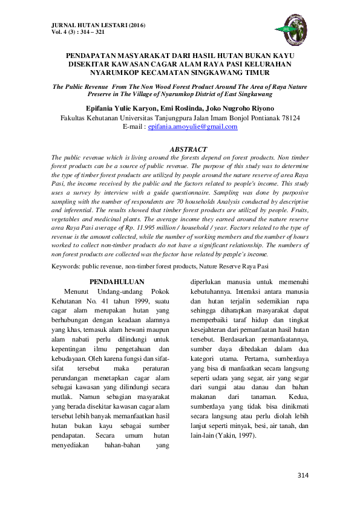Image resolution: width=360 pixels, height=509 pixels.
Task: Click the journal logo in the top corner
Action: [294, 28]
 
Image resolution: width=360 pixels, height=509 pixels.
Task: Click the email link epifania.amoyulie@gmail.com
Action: [192, 127]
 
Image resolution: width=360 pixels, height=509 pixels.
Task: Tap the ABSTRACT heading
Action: [188, 149]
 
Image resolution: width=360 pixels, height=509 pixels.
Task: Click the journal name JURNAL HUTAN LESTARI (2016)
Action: [95, 25]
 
